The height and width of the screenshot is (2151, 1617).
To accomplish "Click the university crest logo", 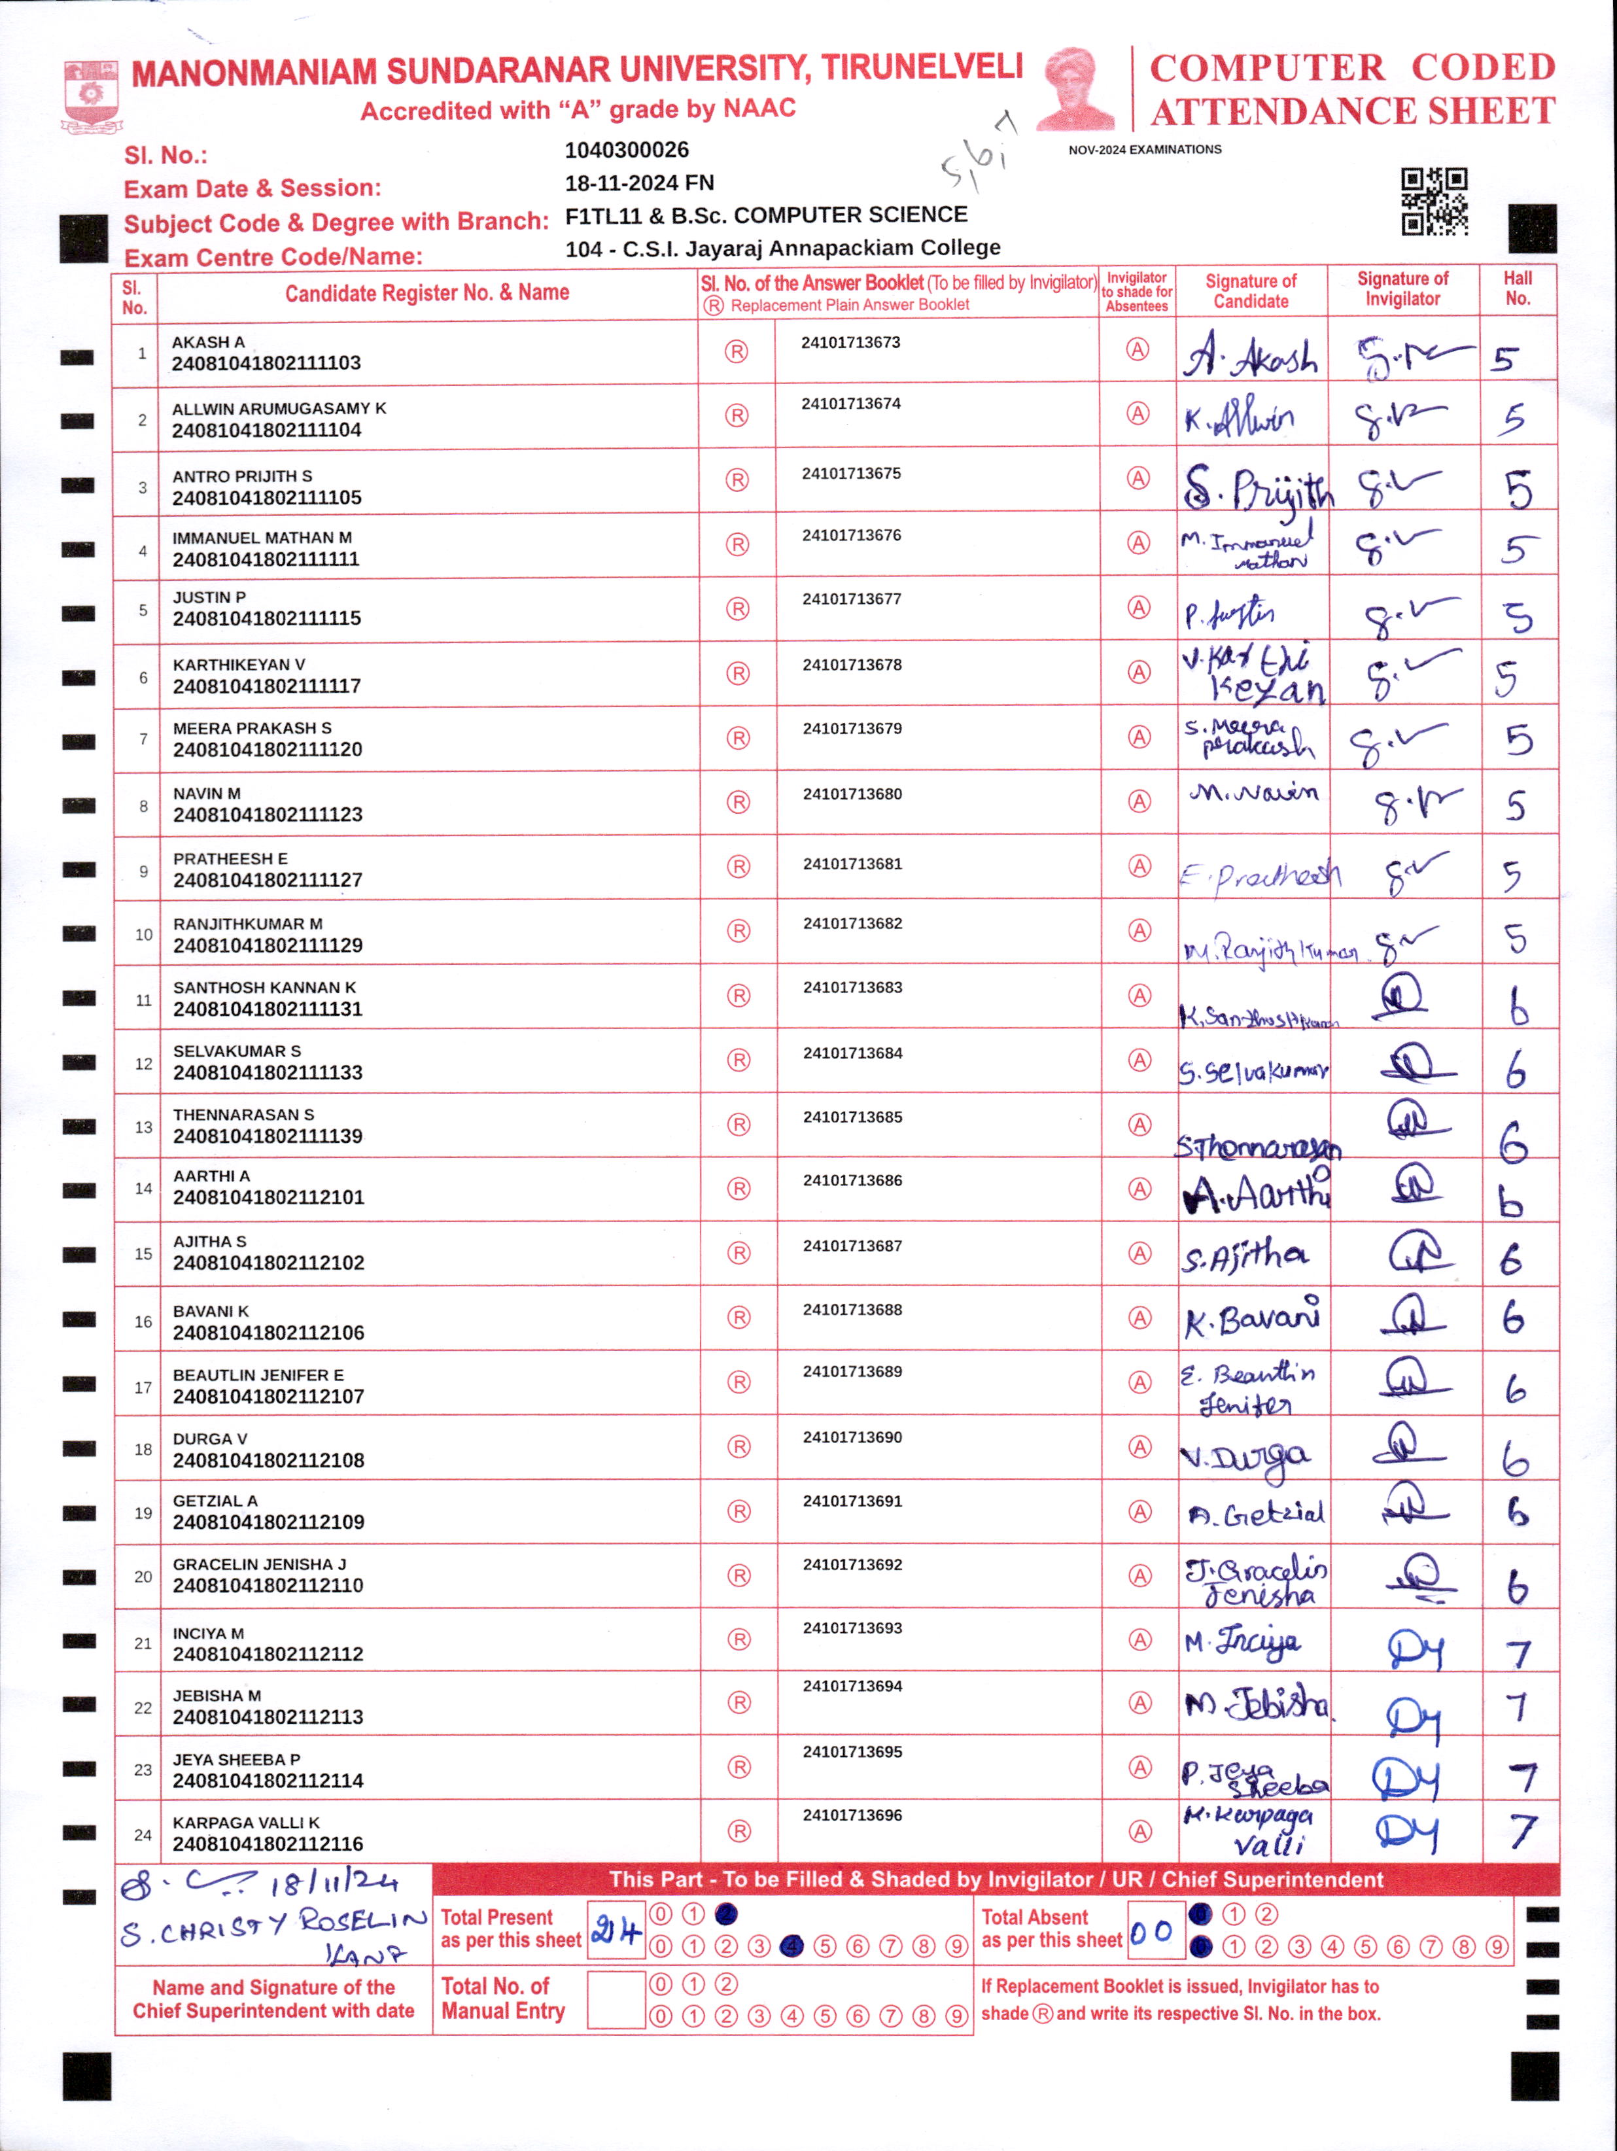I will click(90, 96).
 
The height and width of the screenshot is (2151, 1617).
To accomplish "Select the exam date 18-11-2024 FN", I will click(639, 183).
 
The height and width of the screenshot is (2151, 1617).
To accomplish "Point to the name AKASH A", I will click(208, 342).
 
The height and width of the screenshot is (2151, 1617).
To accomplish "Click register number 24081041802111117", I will click(266, 686).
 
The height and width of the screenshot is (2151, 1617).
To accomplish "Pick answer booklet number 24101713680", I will click(852, 794).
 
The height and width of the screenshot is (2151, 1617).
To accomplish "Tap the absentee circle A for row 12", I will click(1139, 1060).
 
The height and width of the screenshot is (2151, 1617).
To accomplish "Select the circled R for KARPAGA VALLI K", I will click(739, 1831).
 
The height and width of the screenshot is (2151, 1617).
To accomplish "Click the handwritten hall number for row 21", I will click(1518, 1653).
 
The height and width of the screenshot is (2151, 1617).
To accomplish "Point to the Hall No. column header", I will click(1517, 289).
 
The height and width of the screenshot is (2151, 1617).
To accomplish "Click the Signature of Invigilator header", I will click(1402, 289).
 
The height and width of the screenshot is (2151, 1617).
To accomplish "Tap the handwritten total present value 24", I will click(616, 1931).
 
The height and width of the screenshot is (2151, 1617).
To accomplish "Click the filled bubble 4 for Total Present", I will click(791, 1946).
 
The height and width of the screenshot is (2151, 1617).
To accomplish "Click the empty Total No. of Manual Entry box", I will click(616, 2001).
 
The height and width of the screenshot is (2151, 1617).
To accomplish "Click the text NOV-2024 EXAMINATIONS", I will click(1145, 150).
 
